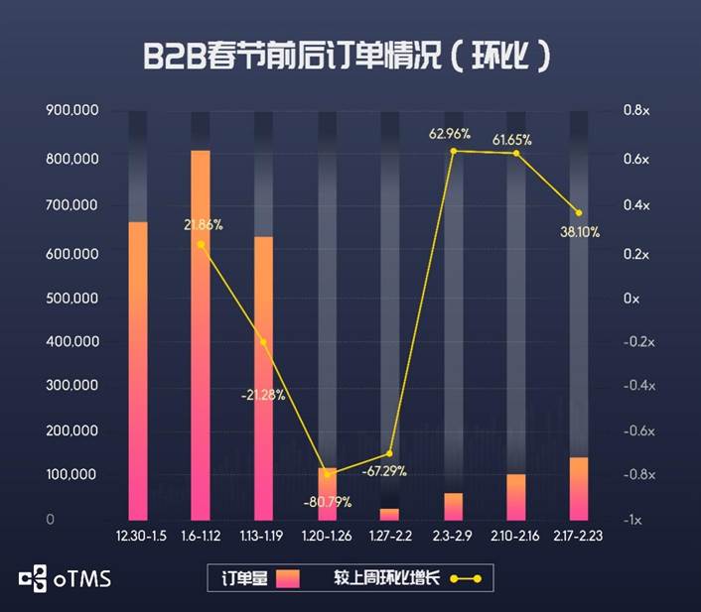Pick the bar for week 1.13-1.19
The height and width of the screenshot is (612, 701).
click(263, 377)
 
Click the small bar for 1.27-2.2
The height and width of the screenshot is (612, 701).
click(389, 514)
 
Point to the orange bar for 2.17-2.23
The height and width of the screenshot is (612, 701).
click(579, 488)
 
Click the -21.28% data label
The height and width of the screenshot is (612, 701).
click(263, 395)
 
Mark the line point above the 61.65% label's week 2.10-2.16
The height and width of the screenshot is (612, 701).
click(516, 153)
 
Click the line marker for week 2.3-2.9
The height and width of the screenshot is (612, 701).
click(453, 151)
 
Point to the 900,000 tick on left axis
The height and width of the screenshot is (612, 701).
click(71, 111)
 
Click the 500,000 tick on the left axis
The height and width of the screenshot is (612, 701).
click(71, 299)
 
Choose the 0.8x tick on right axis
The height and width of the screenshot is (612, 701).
click(635, 111)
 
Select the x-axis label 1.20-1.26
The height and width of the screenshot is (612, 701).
click(327, 536)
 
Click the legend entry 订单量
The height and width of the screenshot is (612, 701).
click(259, 577)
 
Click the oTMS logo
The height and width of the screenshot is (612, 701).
click(65, 577)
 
